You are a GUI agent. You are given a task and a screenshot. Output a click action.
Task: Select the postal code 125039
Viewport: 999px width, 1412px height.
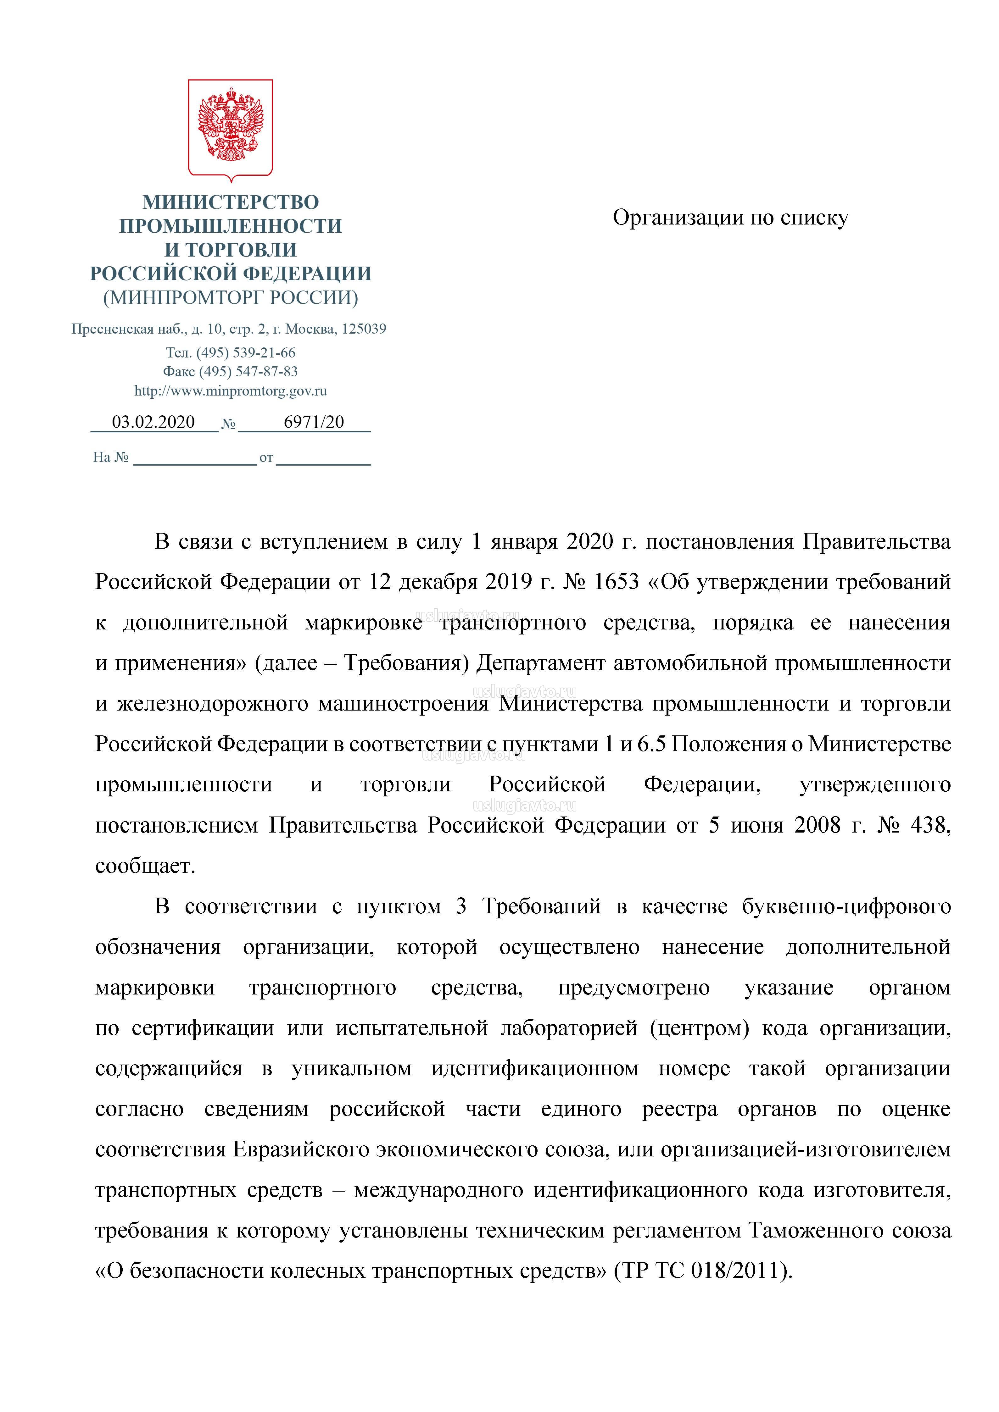364,329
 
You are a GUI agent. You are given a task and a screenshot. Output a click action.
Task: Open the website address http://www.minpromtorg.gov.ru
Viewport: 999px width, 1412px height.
231,390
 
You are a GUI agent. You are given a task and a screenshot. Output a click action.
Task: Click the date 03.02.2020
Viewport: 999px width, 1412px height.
153,422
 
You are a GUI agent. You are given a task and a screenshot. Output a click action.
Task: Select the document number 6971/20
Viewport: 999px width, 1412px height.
314,422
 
